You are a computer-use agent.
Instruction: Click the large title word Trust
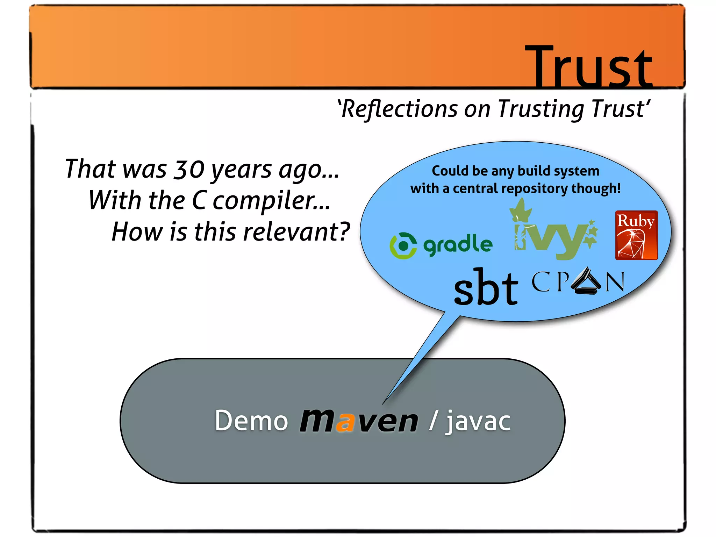click(x=589, y=66)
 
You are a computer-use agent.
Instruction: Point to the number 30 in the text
click(x=189, y=169)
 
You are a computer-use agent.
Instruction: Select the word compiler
click(x=271, y=201)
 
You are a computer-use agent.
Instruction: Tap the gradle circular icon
click(x=403, y=245)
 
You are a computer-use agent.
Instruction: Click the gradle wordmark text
click(x=458, y=245)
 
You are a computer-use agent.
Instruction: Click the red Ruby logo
click(x=636, y=235)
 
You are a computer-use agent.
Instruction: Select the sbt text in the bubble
click(x=486, y=287)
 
